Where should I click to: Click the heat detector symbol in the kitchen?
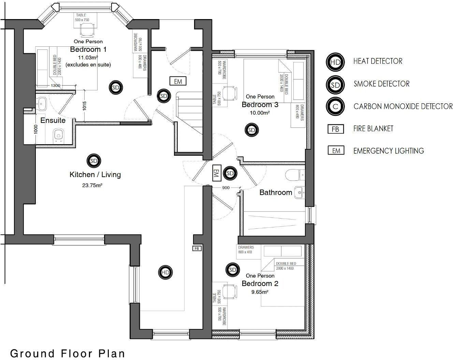(x=165, y=272)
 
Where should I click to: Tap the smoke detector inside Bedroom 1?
(x=116, y=87)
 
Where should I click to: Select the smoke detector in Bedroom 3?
(x=251, y=130)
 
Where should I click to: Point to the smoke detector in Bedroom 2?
(x=233, y=270)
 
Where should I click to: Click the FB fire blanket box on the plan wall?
(x=197, y=249)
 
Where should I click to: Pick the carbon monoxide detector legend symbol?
(x=335, y=106)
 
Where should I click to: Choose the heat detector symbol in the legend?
(x=335, y=62)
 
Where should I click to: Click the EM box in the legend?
(x=336, y=150)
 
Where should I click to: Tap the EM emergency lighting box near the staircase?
(x=178, y=81)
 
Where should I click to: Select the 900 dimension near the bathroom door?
(x=226, y=188)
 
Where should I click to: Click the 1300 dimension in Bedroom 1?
(x=56, y=86)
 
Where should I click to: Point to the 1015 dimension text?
(x=84, y=106)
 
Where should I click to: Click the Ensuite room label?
(x=53, y=120)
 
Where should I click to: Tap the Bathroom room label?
(x=276, y=192)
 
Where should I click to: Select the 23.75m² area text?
(x=92, y=185)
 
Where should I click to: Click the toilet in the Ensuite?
(x=59, y=135)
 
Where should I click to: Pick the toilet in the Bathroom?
(x=295, y=175)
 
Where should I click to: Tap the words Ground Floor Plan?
(x=68, y=354)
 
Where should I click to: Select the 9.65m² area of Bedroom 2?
(x=260, y=292)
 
